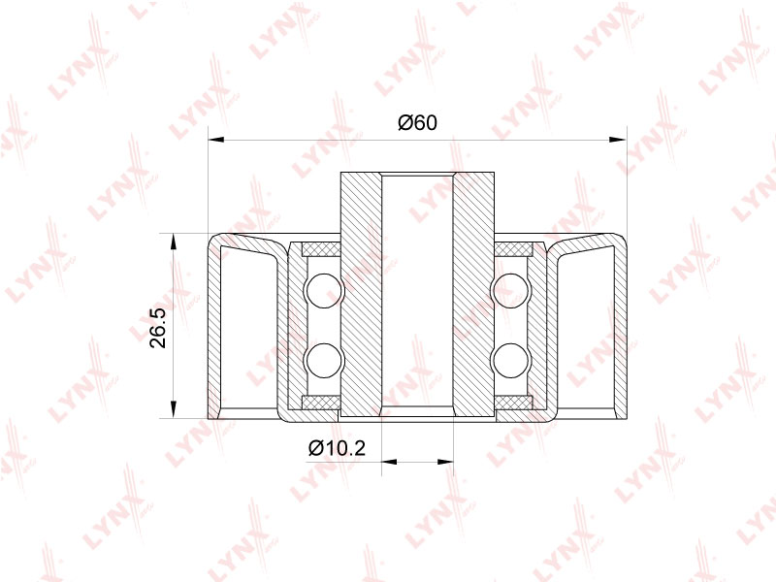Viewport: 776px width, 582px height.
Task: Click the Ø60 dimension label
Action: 418,122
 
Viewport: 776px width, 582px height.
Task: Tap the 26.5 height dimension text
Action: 159,328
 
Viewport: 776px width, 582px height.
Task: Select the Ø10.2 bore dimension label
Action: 337,448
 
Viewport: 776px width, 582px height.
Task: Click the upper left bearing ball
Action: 324,290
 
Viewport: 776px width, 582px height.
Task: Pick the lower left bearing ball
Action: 324,360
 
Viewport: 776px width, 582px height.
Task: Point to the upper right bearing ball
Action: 511,290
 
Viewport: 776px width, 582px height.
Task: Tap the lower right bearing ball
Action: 511,360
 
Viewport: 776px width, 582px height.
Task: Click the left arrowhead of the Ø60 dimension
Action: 216,140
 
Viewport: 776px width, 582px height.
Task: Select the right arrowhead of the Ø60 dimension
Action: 618,140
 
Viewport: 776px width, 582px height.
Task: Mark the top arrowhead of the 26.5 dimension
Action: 173,242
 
